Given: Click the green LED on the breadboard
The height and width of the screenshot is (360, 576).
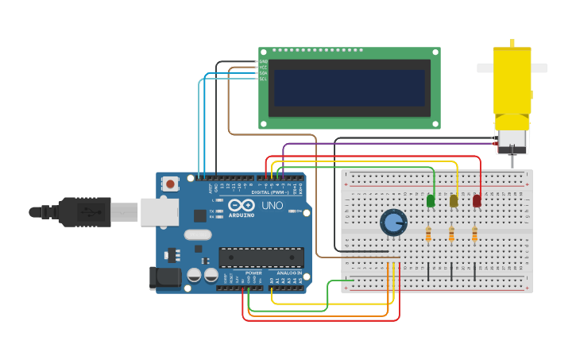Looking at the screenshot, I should point(431,201).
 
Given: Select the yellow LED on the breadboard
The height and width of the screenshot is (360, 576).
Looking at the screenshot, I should point(454,201).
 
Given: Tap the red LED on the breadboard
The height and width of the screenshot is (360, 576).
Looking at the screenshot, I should point(477,201).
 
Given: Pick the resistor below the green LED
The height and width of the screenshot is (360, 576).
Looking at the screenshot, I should point(428,234).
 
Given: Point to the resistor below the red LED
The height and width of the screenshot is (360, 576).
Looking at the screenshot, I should point(474,234).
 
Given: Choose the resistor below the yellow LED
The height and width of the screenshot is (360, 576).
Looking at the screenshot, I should point(451,234).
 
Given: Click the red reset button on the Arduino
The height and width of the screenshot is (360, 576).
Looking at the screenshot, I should point(170,184).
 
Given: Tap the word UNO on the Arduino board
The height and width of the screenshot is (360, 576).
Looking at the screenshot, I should point(273,205).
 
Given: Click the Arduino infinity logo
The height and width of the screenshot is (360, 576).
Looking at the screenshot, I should point(242,205).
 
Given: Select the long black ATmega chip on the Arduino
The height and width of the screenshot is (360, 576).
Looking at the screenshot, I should point(261,257).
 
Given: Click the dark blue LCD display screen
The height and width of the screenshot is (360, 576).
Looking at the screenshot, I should point(350,87).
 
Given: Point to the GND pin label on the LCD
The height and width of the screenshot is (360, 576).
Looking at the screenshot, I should point(263,61).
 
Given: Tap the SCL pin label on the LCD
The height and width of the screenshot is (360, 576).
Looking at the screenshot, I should point(263,79).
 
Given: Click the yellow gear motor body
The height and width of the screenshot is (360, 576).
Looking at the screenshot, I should point(512,79).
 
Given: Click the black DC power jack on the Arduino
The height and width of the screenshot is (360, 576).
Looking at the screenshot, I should point(166,277).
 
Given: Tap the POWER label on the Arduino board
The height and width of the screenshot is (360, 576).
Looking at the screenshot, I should point(253,273).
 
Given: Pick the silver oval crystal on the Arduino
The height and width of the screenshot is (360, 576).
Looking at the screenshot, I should point(198,234).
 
